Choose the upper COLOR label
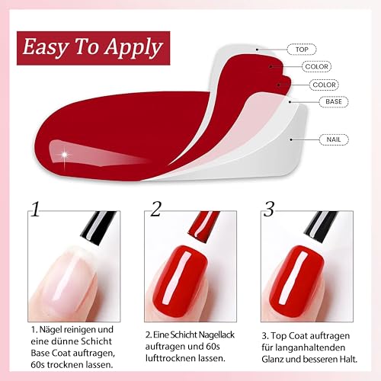click(314, 66)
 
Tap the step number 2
click(156, 209)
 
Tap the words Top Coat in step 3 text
click(294, 334)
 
